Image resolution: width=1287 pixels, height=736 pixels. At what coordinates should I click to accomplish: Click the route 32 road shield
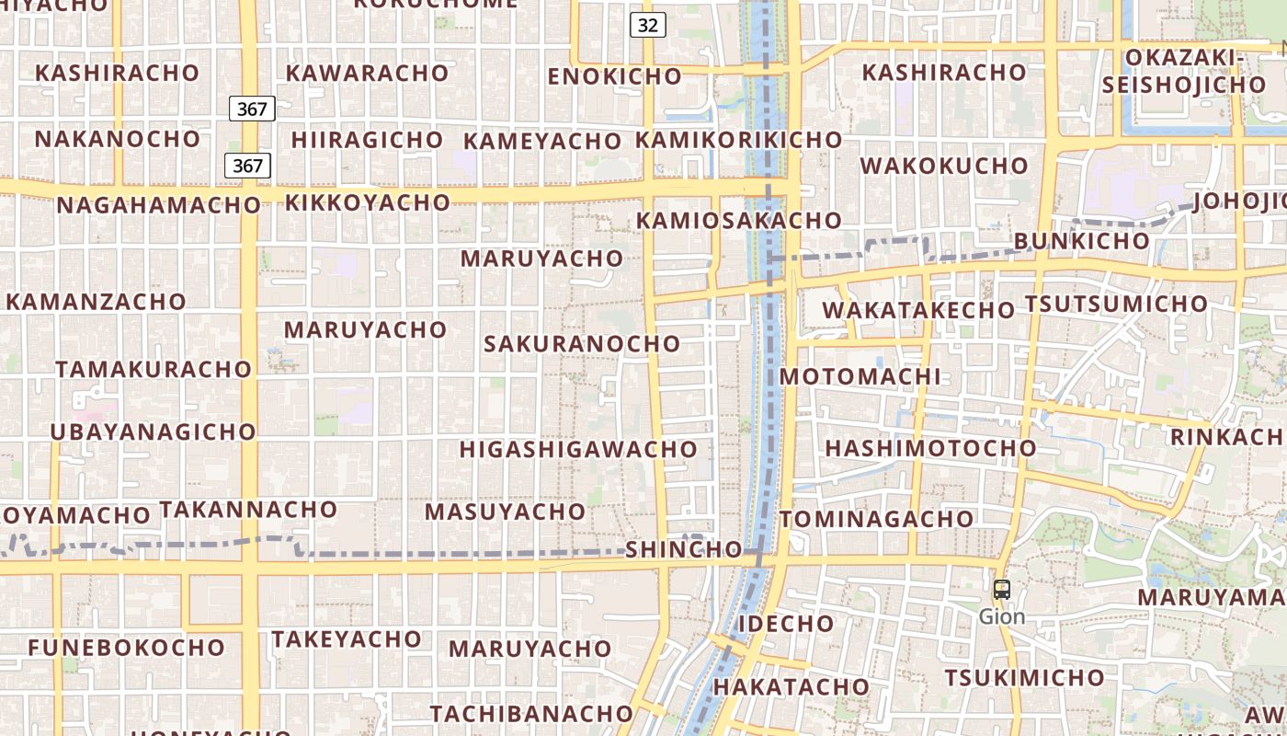click(647, 25)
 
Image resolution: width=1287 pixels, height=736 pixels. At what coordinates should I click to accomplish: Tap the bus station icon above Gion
click(1002, 590)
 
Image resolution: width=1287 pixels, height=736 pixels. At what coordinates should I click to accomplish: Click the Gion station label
click(1002, 616)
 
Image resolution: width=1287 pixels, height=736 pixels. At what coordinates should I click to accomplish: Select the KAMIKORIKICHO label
click(738, 140)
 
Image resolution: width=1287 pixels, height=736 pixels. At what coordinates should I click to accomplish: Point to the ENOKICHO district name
click(614, 76)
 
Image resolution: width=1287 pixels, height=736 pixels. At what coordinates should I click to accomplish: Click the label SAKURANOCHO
click(582, 344)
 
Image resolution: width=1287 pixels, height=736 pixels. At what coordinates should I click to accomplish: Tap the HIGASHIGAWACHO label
click(578, 449)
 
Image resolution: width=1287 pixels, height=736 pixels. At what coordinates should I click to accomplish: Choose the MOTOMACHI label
click(860, 376)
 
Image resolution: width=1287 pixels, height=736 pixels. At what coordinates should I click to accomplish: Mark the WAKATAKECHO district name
click(917, 310)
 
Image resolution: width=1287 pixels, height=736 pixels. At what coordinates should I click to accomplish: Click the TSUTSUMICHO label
click(1116, 304)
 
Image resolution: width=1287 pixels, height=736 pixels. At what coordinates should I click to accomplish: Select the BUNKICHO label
click(1081, 241)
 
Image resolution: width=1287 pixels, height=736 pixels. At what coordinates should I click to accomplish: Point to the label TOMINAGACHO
click(876, 519)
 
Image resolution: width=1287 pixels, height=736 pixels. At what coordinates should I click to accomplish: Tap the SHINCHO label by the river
click(683, 550)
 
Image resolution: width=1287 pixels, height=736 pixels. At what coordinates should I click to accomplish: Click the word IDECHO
click(786, 624)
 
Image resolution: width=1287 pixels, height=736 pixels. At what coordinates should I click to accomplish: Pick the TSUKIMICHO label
click(1024, 678)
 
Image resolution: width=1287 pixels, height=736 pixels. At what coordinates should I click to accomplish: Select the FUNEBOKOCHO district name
click(126, 648)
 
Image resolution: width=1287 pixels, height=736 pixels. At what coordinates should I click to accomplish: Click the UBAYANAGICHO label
click(153, 431)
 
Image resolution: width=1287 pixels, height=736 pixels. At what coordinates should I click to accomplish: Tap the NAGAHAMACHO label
click(158, 205)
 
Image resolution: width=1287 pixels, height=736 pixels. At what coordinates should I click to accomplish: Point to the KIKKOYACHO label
click(367, 202)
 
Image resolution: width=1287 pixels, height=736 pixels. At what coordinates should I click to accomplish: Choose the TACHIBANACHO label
click(531, 714)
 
